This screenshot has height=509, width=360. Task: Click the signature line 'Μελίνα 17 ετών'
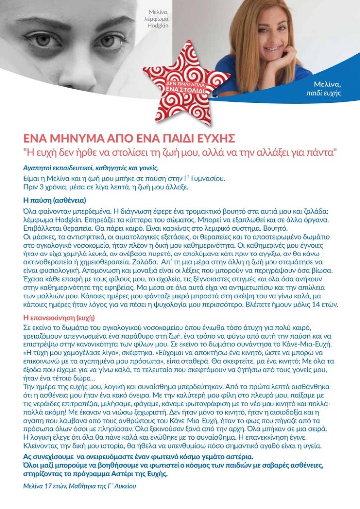click(x=80, y=486)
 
